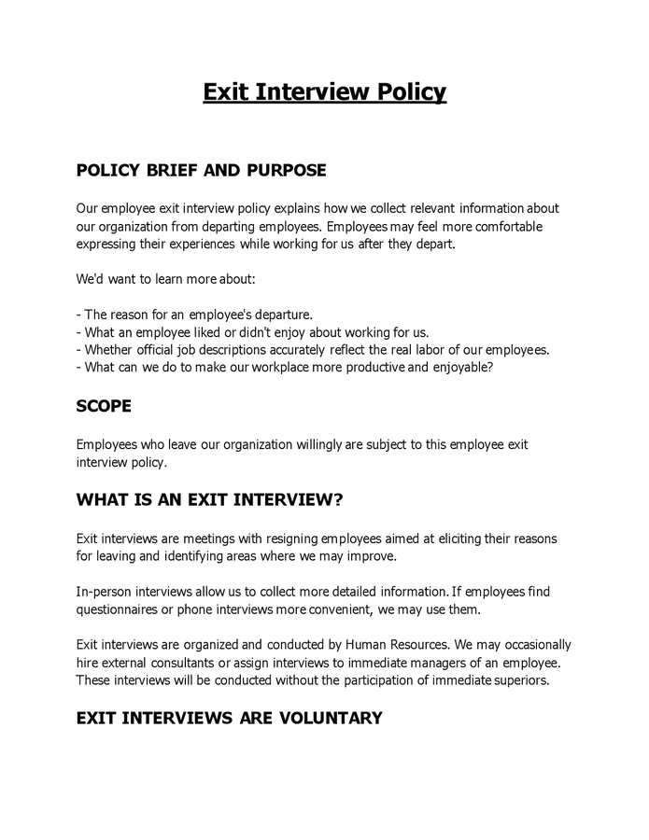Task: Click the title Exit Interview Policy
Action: point(324,92)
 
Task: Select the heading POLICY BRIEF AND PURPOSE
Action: point(201,171)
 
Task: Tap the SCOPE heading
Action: point(104,407)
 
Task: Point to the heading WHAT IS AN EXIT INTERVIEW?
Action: point(209,499)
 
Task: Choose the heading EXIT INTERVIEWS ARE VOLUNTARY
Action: point(229,718)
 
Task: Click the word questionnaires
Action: point(118,609)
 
